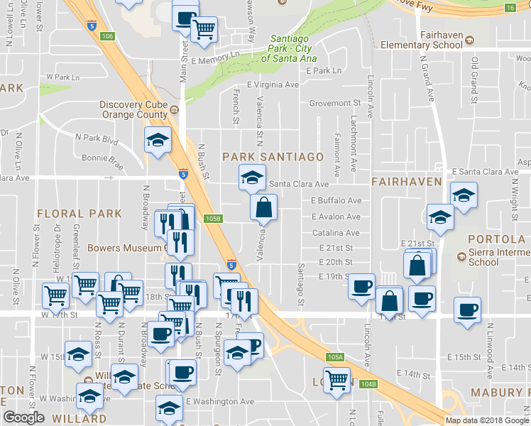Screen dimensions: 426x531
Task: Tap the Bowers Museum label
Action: click(125, 248)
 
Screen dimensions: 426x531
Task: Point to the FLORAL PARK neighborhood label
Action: click(79, 213)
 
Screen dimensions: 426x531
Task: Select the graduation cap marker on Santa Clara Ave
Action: click(251, 177)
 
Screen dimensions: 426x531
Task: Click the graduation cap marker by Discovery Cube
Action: click(158, 140)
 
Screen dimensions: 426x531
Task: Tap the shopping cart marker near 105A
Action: click(336, 380)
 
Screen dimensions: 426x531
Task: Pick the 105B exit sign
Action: click(213, 219)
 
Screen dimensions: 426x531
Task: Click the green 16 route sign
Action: click(510, 8)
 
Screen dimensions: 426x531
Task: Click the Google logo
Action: click(23, 417)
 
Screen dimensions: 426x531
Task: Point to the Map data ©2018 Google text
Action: click(487, 420)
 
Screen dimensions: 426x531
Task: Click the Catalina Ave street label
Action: click(336, 232)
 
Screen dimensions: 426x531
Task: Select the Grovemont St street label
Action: click(335, 103)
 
